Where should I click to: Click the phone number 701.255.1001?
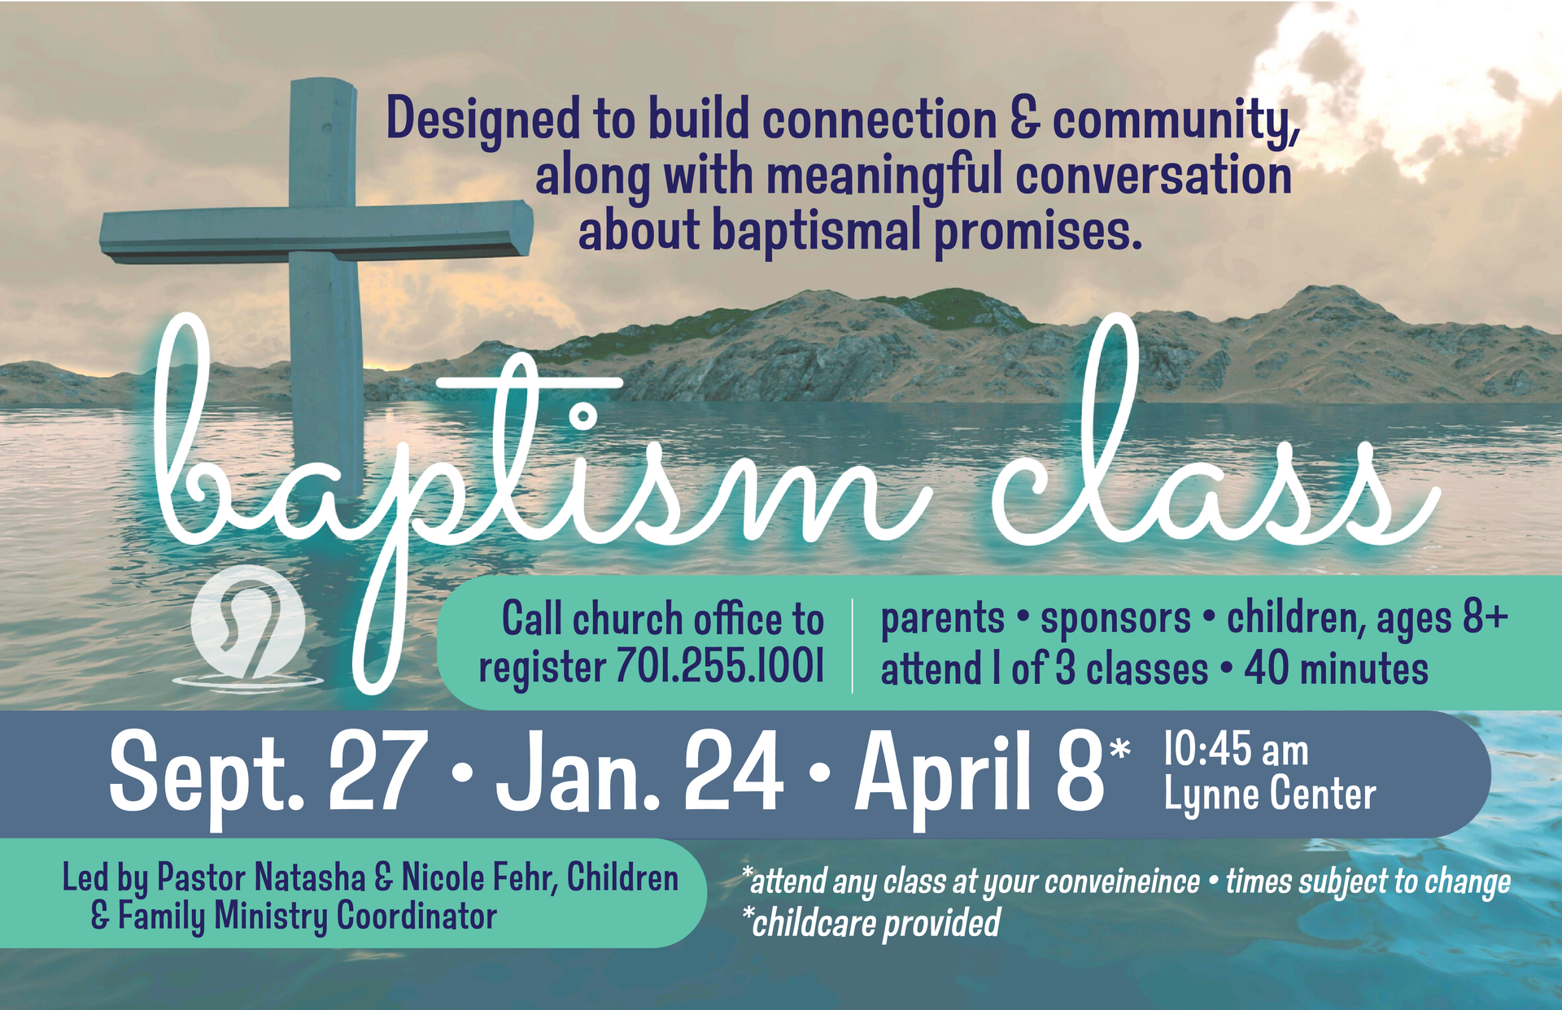[x=720, y=667]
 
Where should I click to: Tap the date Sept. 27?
[x=268, y=772]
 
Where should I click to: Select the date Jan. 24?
[x=639, y=772]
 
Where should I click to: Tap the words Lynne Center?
[x=1270, y=795]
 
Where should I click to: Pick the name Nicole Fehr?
[x=479, y=878]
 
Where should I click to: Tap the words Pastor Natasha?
[x=261, y=878]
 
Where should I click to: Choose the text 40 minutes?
[x=1336, y=669]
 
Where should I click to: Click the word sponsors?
[x=1115, y=619]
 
